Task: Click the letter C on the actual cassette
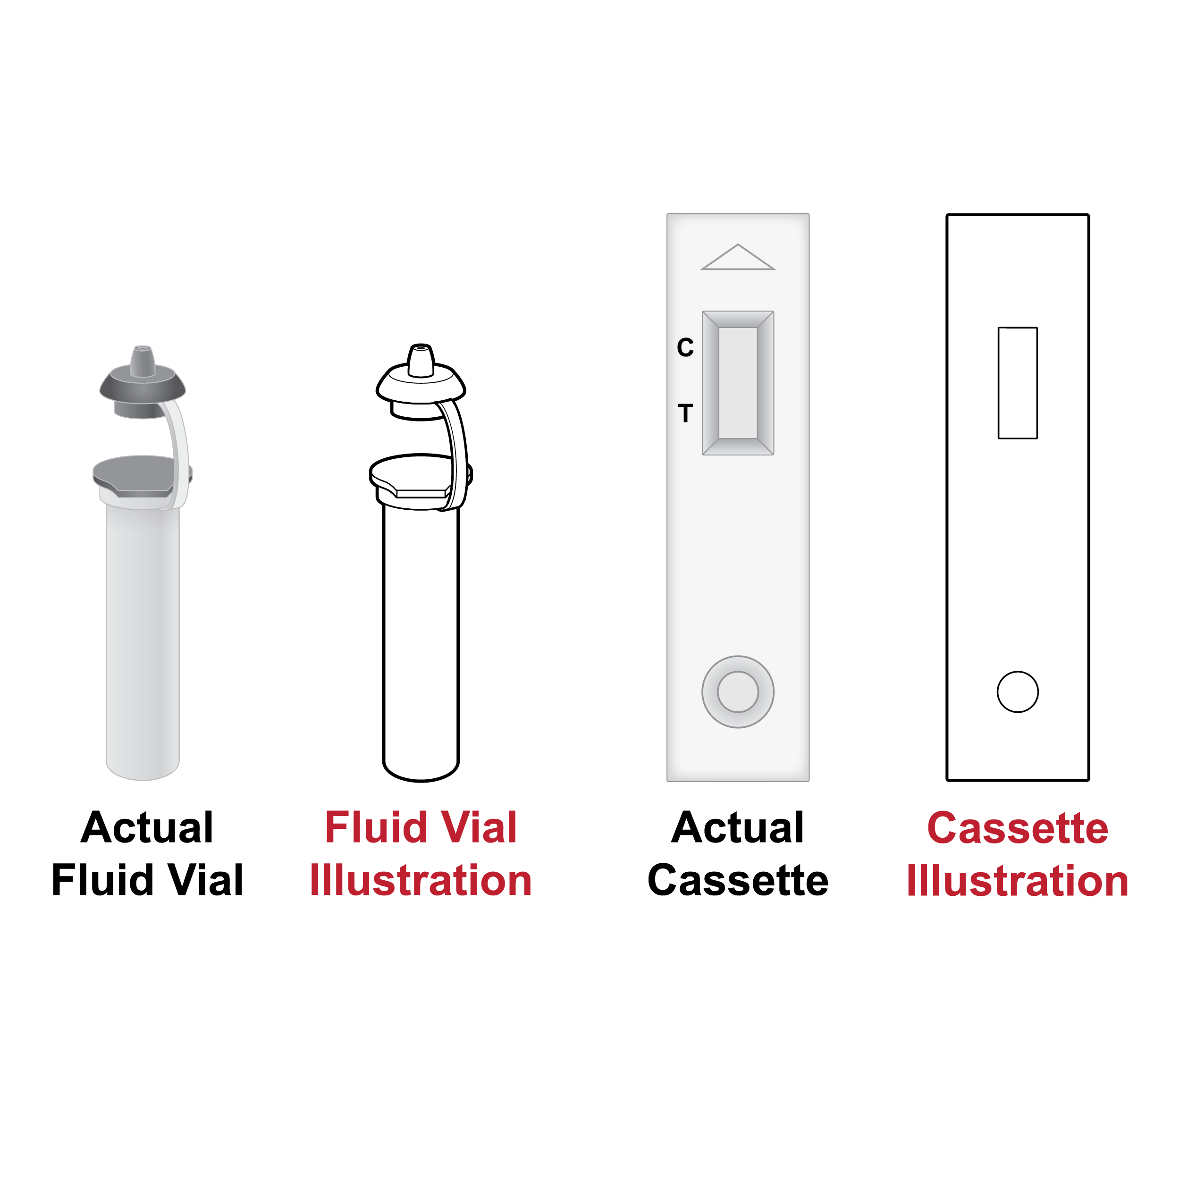click(685, 347)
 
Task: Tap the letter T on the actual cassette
click(685, 413)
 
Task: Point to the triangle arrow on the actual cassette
click(738, 257)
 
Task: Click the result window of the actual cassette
click(738, 383)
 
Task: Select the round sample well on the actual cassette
click(738, 692)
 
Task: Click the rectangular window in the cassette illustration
click(1018, 383)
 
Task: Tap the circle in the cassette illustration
click(1018, 692)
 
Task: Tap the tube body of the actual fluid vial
click(143, 641)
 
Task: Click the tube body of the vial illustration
click(421, 641)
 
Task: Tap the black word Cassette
click(738, 880)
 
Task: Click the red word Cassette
click(1018, 828)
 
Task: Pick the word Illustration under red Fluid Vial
click(421, 880)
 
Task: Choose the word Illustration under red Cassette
click(1018, 881)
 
